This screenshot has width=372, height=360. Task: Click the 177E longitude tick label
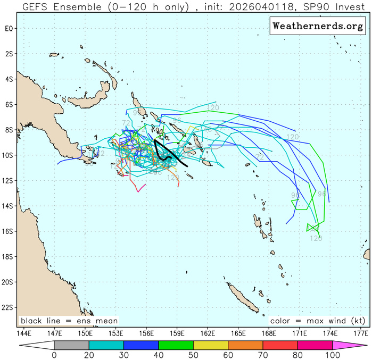click(x=361, y=333)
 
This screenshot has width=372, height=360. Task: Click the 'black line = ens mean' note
click(x=69, y=321)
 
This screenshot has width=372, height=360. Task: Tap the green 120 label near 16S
click(x=316, y=238)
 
